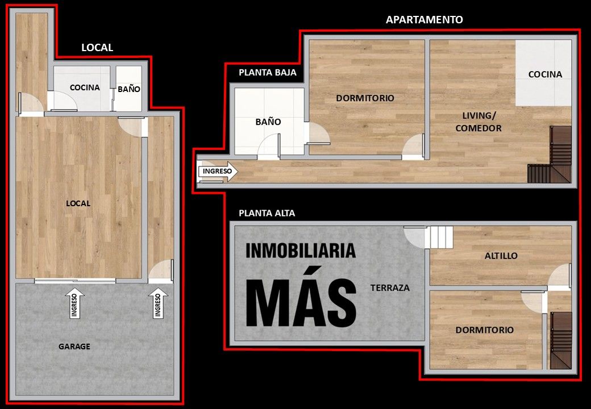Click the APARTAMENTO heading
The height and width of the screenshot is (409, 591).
[424, 19]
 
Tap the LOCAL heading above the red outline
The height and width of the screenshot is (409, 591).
[97, 48]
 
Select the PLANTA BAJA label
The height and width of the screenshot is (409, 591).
[268, 72]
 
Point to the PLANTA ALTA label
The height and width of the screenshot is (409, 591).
[267, 213]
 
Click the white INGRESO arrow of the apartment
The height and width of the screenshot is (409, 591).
[218, 172]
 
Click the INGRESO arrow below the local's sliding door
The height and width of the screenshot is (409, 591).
[74, 303]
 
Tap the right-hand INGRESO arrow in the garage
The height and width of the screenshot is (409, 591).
[158, 303]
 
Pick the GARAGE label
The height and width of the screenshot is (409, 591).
[74, 347]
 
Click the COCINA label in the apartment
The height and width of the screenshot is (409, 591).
[545, 74]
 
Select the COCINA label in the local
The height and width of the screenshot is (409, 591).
[85, 87]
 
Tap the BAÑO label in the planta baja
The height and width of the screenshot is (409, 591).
[268, 122]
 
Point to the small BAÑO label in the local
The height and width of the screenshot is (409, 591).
[129, 89]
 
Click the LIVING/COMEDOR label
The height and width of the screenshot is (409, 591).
[478, 122]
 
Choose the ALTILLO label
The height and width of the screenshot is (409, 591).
[501, 256]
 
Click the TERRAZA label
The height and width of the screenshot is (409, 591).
[390, 288]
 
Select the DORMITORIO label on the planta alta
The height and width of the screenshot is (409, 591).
[484, 330]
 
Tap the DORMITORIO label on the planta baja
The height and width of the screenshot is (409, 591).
[365, 98]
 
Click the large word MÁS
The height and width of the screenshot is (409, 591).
[301, 298]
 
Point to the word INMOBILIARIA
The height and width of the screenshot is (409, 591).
[301, 251]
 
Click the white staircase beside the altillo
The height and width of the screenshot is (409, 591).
[439, 237]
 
